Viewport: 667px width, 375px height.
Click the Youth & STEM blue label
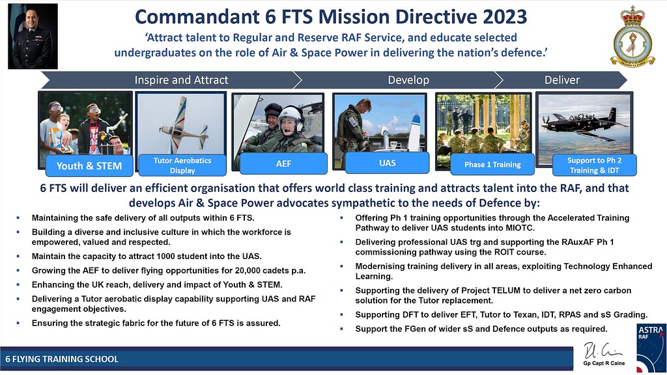click(89, 165)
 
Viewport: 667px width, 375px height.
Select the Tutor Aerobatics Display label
click(182, 165)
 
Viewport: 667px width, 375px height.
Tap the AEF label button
click(283, 165)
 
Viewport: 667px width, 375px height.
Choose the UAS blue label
click(388, 163)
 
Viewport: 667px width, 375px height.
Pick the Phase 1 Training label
click(492, 165)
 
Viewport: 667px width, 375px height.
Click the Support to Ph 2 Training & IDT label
click(594, 165)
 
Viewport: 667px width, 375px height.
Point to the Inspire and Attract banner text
click(181, 80)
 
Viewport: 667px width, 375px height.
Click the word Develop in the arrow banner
click(408, 80)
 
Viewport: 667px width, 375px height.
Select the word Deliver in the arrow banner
click(561, 80)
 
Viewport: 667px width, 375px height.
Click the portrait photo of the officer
click(33, 36)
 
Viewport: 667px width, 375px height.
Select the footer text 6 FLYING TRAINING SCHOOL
click(62, 359)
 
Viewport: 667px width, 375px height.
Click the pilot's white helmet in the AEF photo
click(290, 116)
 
